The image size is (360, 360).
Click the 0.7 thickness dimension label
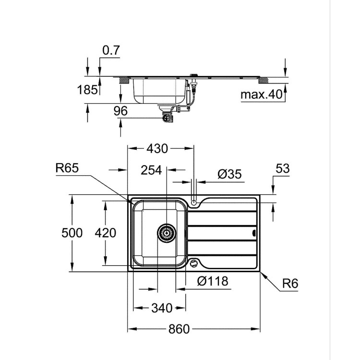[110, 49]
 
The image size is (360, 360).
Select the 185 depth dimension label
[87, 90]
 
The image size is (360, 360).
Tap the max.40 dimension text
[260, 95]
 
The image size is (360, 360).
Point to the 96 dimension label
[120, 111]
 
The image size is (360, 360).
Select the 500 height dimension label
[72, 233]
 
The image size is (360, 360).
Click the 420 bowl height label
[106, 233]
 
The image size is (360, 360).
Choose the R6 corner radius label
[290, 284]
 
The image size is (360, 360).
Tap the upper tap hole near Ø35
[194, 203]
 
